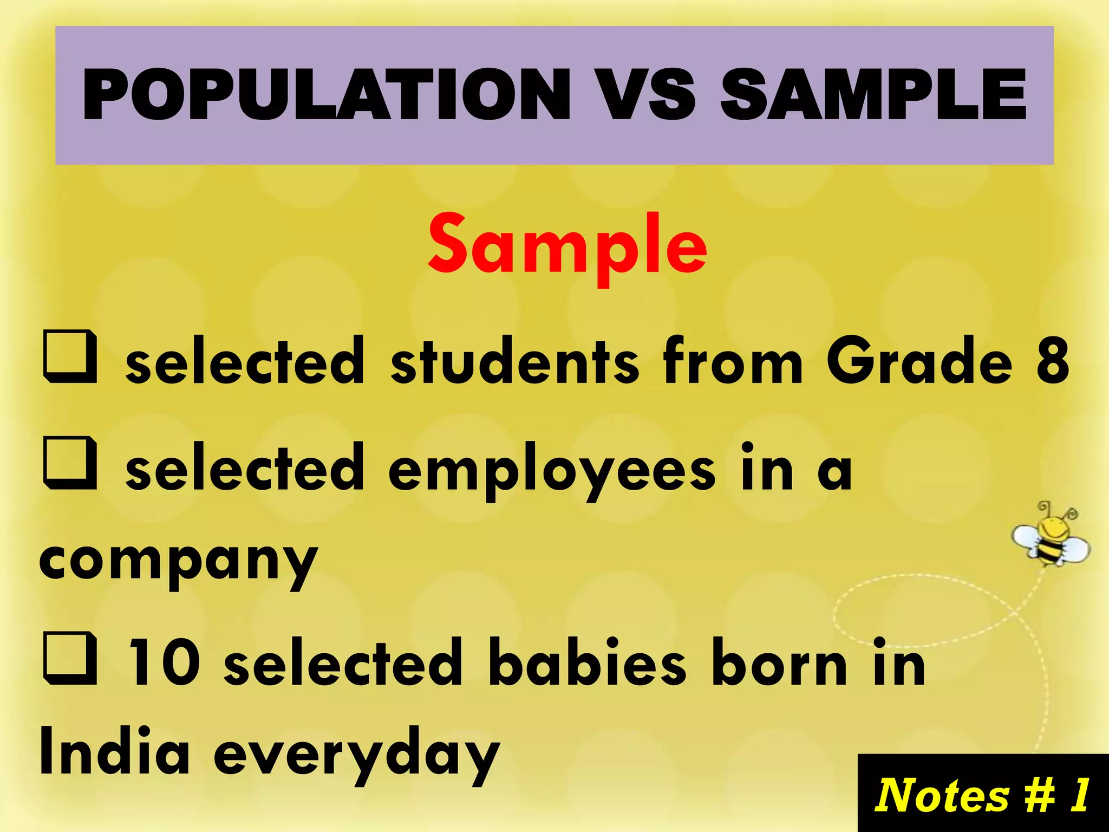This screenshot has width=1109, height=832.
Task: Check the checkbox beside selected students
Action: pos(70,359)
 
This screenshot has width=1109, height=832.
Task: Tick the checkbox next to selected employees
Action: pos(70,464)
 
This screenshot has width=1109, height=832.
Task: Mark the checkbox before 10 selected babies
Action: pos(70,659)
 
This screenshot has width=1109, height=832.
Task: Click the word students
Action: pos(514,361)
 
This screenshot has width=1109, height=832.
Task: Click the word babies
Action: pos(587,664)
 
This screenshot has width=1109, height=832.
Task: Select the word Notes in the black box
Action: pos(942,795)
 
